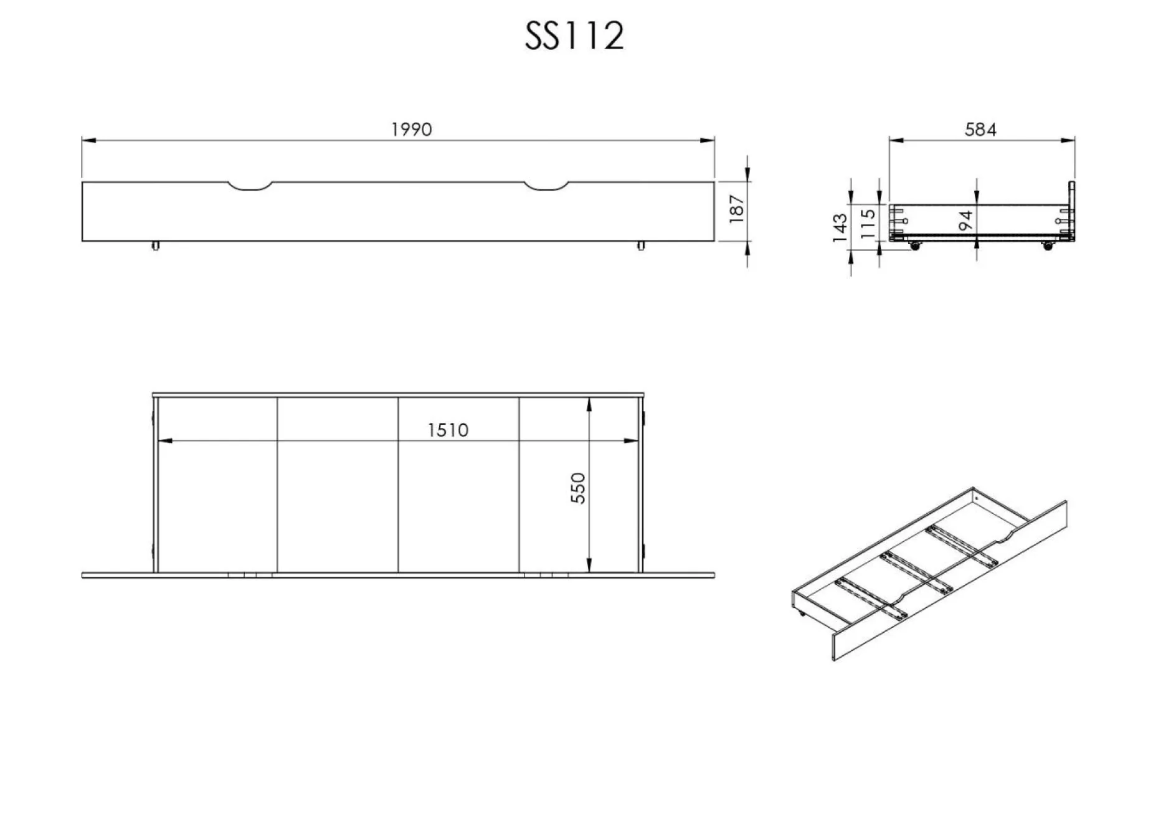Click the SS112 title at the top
click(x=574, y=36)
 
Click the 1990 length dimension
click(x=411, y=130)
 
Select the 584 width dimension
click(x=980, y=130)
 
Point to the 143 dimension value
click(x=840, y=227)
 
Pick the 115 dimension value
click(x=868, y=224)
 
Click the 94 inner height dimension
click(x=966, y=220)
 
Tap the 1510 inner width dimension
click(x=448, y=430)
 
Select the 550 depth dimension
click(x=578, y=488)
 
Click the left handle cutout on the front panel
click(x=250, y=187)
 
